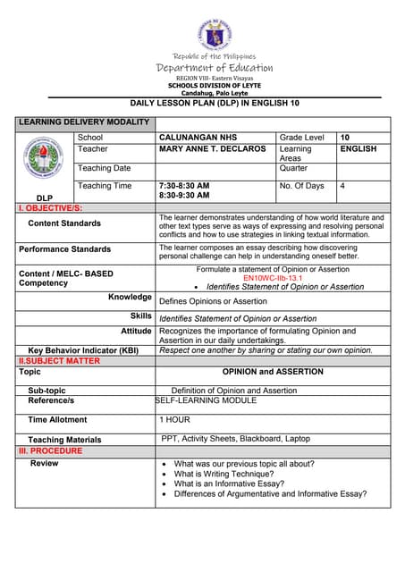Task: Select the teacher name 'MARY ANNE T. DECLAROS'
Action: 212,149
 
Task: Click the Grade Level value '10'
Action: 345,138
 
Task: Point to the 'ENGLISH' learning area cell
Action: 359,149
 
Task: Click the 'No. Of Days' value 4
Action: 343,186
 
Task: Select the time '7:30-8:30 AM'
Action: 183,185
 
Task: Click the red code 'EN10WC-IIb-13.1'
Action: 273,278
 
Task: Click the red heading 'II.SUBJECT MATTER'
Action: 60,361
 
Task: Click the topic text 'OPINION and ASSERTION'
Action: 273,372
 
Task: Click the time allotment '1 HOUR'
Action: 174,419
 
